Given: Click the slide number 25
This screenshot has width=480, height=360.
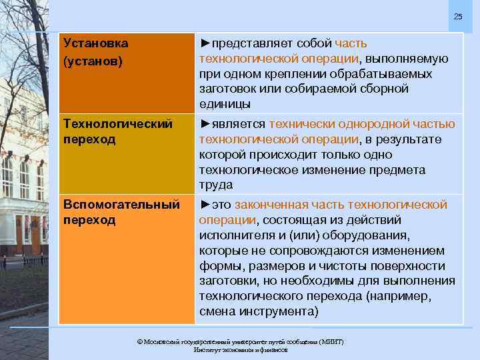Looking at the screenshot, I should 457,16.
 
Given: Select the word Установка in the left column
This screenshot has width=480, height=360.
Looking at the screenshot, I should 95,43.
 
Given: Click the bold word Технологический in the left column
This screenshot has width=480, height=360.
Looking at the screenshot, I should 118,124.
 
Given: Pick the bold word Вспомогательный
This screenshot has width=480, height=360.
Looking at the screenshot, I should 121,204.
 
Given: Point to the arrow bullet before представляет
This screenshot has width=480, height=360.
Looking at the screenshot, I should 205,43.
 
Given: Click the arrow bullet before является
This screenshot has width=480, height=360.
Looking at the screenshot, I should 205,124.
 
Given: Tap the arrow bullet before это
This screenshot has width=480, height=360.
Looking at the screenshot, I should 205,204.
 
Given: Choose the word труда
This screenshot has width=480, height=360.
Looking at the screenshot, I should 215,185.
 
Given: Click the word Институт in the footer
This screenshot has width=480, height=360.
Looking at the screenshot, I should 207,350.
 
